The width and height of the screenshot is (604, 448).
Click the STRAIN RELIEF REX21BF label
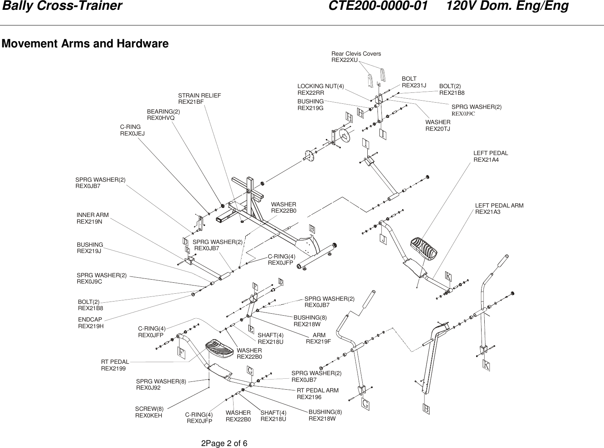coord(199,98)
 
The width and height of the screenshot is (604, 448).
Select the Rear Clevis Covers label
coord(356,56)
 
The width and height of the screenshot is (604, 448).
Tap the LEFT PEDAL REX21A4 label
coord(491,156)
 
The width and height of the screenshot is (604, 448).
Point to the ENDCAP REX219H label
coord(91,322)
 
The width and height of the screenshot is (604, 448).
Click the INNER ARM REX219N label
coord(92,218)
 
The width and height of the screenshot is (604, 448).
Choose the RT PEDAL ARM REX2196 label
coord(317,394)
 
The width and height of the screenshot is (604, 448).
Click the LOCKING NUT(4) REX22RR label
coord(320,89)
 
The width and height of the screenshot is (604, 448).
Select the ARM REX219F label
coord(318,338)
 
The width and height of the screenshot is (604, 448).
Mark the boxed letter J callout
coord(382,239)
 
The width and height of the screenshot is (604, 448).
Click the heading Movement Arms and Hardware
coord(85,43)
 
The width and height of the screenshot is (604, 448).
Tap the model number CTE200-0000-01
coord(378,7)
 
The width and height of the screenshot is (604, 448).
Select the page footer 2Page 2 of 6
coord(223,443)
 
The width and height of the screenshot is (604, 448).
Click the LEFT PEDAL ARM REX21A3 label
coord(499,208)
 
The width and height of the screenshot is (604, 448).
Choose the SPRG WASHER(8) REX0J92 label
coord(161,384)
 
